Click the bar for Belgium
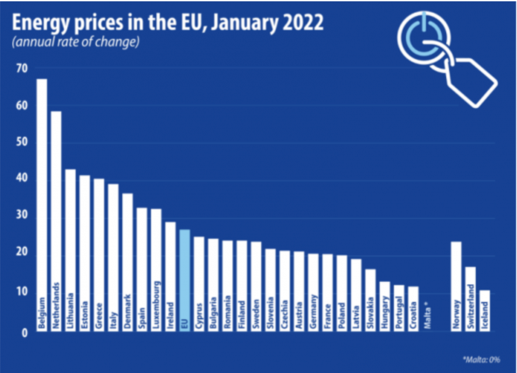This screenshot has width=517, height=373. click(x=41, y=205)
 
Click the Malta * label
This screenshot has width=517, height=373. click(x=428, y=315)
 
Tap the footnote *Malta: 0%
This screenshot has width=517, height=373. click(x=481, y=359)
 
